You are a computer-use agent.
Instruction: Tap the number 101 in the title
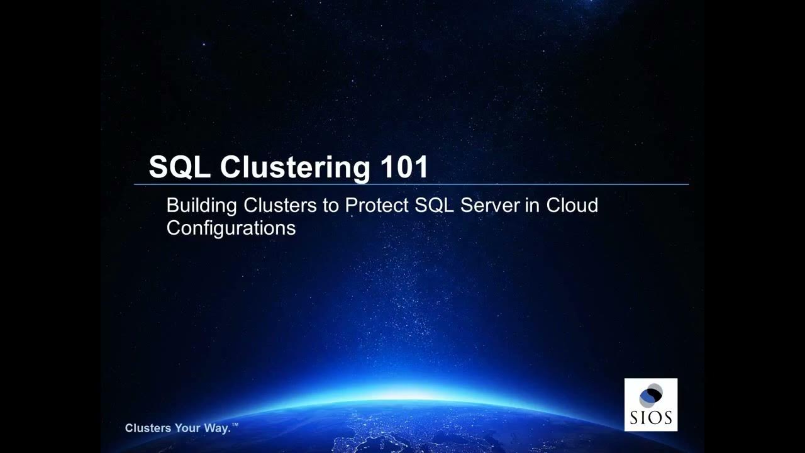click(404, 167)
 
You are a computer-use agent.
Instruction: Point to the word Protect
click(376, 205)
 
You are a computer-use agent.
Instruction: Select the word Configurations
click(231, 228)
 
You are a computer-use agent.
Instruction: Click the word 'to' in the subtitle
click(330, 205)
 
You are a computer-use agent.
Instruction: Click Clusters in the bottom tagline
click(148, 428)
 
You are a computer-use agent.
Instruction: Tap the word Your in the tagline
click(188, 428)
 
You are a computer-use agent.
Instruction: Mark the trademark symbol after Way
click(235, 426)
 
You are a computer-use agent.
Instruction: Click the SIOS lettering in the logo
click(651, 417)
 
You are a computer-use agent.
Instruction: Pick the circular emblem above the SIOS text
click(651, 396)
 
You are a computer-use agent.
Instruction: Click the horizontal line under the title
click(412, 184)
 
